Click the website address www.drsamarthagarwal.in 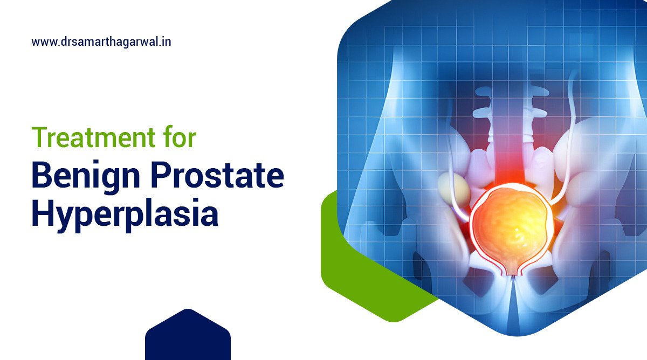coord(101,41)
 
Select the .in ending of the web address coord(166,41)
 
